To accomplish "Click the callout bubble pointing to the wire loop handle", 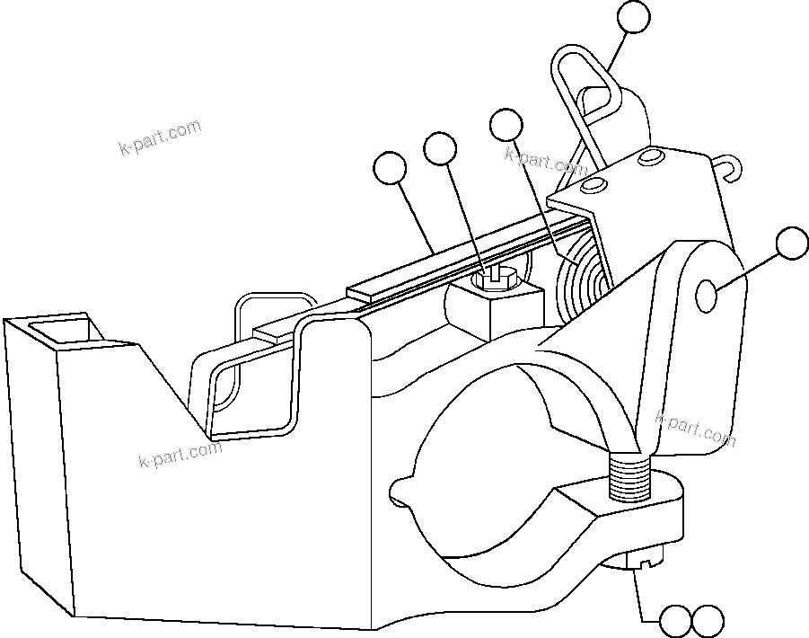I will [x=634, y=18].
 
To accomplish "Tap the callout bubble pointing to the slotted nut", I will [x=440, y=149].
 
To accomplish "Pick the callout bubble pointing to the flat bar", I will [x=390, y=168].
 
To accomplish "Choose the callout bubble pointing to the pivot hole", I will [x=792, y=244].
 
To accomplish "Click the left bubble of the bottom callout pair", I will [x=675, y=620].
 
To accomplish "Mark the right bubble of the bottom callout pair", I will [x=708, y=620].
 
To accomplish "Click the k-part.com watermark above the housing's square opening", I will [x=160, y=137].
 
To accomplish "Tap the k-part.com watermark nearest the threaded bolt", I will [x=695, y=428].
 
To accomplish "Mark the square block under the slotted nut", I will [x=488, y=310].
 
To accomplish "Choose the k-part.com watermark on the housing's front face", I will [x=180, y=455].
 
